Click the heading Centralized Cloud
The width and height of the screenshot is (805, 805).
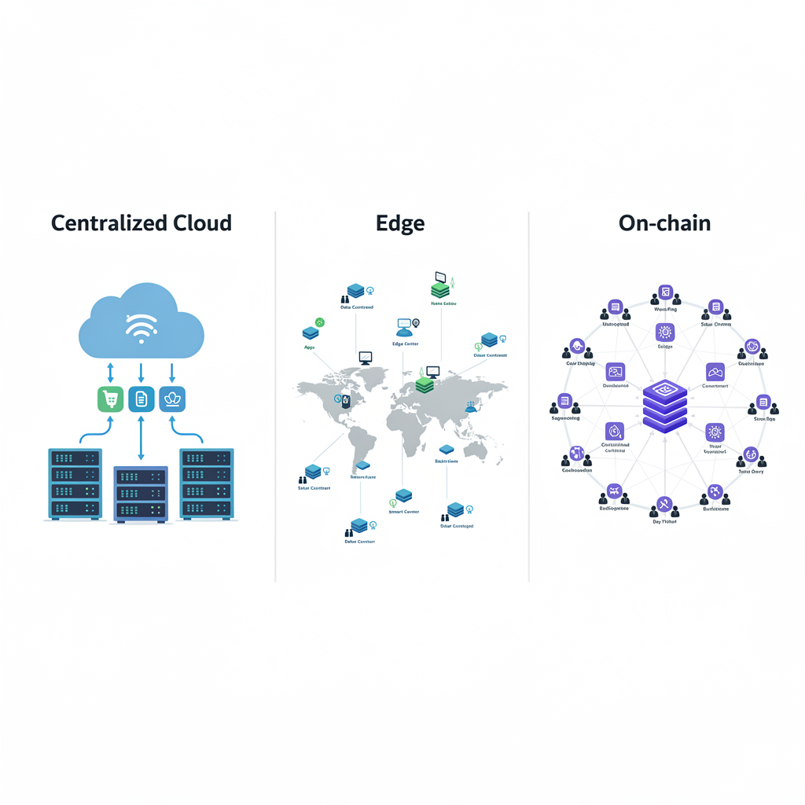(x=142, y=223)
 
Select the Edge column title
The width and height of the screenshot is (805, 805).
(x=400, y=223)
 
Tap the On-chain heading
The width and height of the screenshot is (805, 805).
(x=664, y=223)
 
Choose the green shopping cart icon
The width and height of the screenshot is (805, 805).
(x=111, y=399)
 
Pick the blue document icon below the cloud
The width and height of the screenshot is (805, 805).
(x=141, y=399)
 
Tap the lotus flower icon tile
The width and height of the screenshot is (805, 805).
(x=172, y=399)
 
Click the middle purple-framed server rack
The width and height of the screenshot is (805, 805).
(x=141, y=494)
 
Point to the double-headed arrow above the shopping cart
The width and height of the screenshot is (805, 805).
(x=111, y=372)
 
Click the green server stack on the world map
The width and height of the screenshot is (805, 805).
(x=425, y=384)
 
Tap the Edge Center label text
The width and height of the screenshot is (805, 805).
(x=405, y=344)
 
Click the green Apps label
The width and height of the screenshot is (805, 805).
(x=309, y=347)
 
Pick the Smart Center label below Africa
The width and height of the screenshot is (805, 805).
(x=404, y=512)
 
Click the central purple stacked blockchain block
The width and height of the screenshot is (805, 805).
(x=664, y=406)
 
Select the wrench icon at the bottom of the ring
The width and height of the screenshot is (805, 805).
(x=664, y=505)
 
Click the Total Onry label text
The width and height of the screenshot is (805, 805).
(x=751, y=472)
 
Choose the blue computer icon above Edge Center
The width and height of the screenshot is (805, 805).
(x=405, y=324)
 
